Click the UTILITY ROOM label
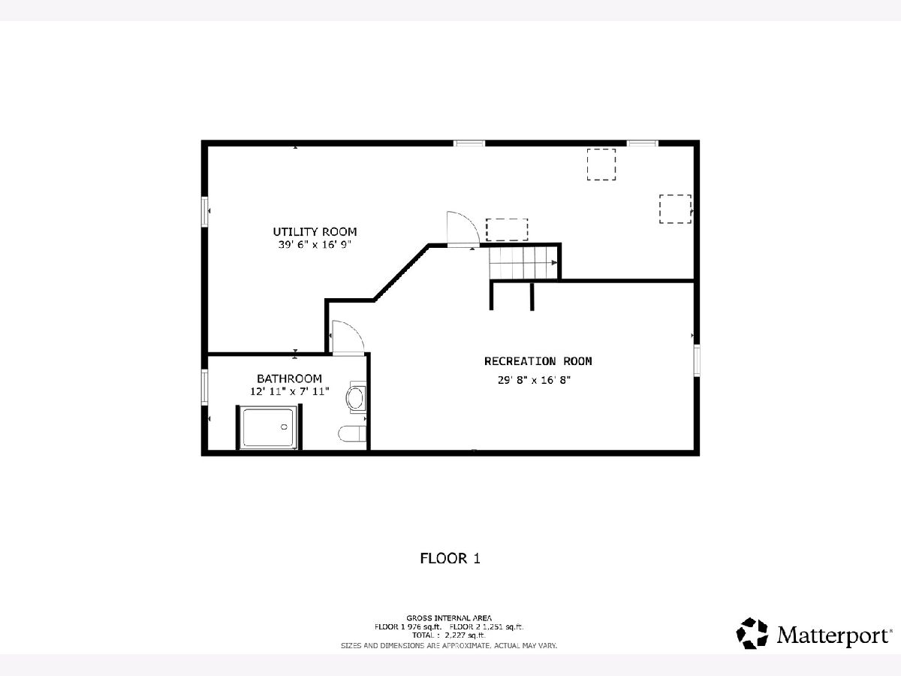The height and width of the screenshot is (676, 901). click(x=315, y=232)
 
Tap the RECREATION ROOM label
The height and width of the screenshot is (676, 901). click(x=538, y=361)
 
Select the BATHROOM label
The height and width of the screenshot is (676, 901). click(x=289, y=379)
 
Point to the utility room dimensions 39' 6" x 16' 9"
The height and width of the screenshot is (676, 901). click(x=315, y=245)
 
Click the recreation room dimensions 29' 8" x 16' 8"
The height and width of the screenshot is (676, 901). click(x=534, y=380)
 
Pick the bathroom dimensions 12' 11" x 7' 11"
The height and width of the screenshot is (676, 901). click(x=289, y=391)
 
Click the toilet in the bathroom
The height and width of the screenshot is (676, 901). click(x=352, y=433)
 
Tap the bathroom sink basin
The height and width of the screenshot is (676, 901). click(x=355, y=398)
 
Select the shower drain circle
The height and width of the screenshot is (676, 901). click(x=284, y=427)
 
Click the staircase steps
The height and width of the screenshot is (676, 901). click(x=523, y=263)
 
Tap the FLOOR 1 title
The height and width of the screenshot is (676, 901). click(x=450, y=558)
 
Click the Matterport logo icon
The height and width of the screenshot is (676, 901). click(x=752, y=633)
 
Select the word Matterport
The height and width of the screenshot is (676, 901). click(x=833, y=635)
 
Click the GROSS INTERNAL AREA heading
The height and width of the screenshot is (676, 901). click(x=449, y=617)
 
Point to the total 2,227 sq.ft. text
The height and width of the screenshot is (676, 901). click(x=449, y=635)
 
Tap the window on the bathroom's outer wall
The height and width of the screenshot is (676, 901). click(x=204, y=388)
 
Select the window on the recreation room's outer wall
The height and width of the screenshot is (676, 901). click(x=697, y=361)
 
